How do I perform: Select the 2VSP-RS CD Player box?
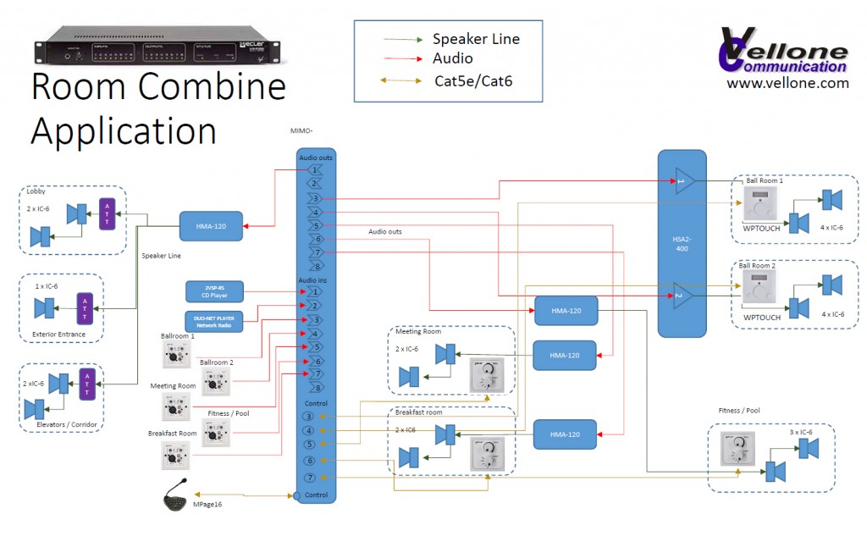215,292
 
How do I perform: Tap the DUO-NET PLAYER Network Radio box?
215,321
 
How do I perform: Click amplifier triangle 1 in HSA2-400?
684,181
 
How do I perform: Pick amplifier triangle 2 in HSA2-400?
684,296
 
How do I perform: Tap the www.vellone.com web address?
787,83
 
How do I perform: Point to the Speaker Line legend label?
476,38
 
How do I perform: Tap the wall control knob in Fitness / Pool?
736,450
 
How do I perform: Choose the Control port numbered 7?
310,478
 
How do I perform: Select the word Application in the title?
124,131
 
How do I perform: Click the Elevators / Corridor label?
61,423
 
